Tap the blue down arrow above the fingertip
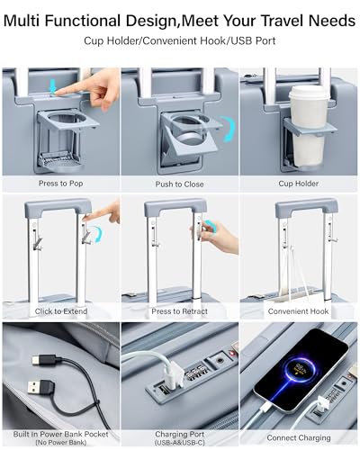54,85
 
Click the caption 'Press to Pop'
61,184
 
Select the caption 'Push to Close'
179,184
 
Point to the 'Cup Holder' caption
299,184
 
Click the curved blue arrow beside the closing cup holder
229,129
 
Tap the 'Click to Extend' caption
61,311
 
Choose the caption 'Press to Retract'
179,311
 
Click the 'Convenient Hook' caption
298,311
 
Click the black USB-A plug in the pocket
40,388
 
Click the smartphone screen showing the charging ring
301,371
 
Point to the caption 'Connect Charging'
299,438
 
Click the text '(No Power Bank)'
60,443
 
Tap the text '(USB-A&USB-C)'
179,443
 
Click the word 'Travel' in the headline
282,21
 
